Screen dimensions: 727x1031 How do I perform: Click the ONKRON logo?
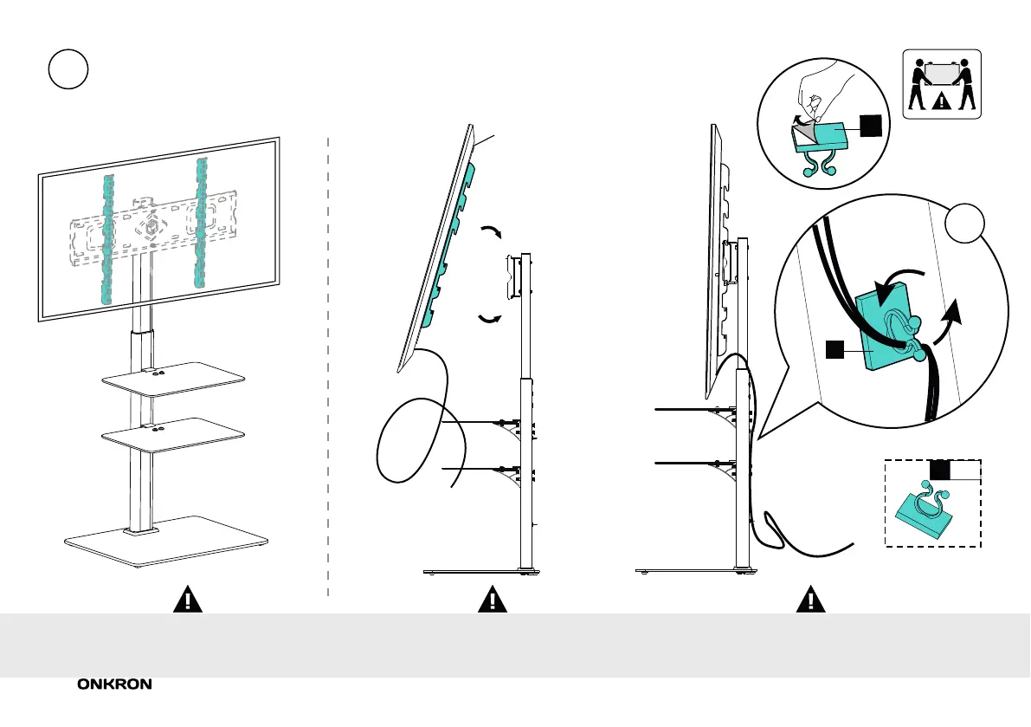click(115, 685)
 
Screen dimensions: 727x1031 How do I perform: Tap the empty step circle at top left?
click(68, 69)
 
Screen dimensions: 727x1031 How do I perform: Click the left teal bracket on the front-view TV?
click(107, 238)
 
